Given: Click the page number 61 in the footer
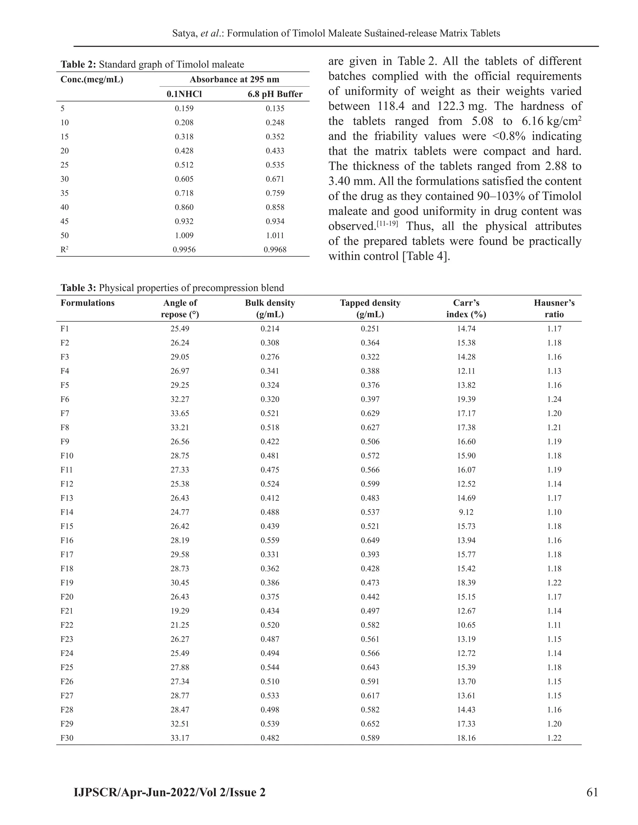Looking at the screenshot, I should coord(592,792).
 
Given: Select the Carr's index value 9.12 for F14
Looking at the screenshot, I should coord(466,512).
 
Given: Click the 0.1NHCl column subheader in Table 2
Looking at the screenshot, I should coord(184,94).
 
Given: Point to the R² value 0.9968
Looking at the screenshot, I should coord(275,249).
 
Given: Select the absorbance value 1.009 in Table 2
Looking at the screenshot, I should coord(184,235).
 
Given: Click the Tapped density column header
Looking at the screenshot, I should coord(370,308).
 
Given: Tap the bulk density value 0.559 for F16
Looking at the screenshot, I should coord(270,540).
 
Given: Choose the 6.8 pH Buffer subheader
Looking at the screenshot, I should coord(275,94).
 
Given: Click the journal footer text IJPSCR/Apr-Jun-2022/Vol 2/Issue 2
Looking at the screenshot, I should coord(170,792).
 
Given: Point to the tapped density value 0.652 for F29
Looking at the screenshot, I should coord(370,724).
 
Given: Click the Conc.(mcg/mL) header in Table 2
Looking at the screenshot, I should coord(92,79).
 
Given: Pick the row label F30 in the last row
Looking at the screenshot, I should coord(67,738).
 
